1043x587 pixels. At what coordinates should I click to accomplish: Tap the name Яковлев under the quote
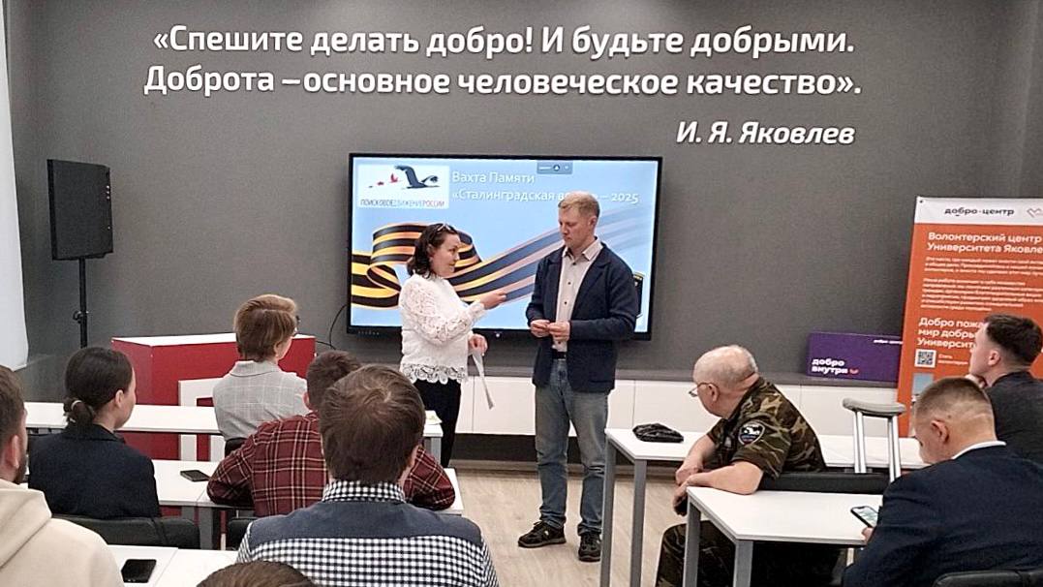pyautogui.click(x=796, y=134)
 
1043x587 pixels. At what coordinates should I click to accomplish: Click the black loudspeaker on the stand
pyautogui.click(x=79, y=209)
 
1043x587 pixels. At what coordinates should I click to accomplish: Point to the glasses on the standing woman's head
pyautogui.click(x=441, y=229)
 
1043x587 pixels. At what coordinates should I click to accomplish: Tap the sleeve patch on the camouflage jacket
pyautogui.click(x=752, y=433)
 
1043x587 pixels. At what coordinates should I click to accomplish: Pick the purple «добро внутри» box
pyautogui.click(x=852, y=356)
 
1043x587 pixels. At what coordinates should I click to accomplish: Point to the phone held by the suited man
pyautogui.click(x=864, y=515)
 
